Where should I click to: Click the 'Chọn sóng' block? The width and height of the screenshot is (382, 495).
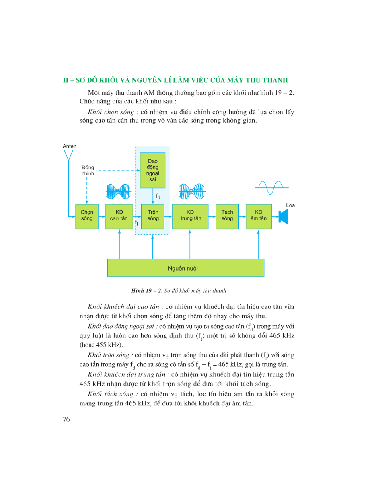click(87, 217)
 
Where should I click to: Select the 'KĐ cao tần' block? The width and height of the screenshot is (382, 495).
click(119, 217)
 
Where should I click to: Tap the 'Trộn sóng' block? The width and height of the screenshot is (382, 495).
click(153, 217)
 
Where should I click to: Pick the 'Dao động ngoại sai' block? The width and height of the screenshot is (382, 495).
click(153, 170)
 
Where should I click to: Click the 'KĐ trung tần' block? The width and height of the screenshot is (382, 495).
click(190, 217)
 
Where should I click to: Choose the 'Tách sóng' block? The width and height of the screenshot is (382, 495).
click(227, 217)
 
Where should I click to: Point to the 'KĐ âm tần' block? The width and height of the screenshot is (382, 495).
click(258, 217)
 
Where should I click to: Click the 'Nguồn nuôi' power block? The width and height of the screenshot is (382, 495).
click(186, 268)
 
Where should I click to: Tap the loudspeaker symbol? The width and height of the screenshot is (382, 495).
click(283, 217)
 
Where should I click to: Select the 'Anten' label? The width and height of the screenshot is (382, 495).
click(69, 146)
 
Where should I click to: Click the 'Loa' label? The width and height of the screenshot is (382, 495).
click(290, 205)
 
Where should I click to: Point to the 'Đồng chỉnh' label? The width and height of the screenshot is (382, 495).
click(88, 171)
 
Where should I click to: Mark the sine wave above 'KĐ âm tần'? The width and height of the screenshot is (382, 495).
click(271, 187)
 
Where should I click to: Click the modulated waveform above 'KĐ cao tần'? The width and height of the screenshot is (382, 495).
click(118, 192)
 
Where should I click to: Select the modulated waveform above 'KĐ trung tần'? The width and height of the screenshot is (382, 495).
click(192, 192)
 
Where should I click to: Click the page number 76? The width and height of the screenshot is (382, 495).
click(66, 419)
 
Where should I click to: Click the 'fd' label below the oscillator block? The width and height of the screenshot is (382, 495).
click(158, 197)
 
